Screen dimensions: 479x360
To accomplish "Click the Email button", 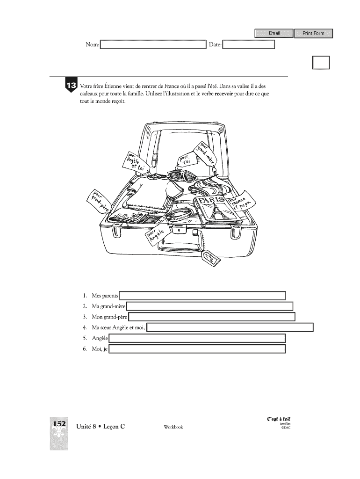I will [x=274, y=33].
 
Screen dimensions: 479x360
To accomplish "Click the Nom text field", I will [x=153, y=45].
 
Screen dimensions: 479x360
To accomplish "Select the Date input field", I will [x=248, y=45].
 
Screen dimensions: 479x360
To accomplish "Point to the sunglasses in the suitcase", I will [x=183, y=177].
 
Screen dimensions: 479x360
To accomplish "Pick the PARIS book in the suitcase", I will [x=217, y=208].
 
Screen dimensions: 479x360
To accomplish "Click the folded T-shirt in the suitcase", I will [x=145, y=193].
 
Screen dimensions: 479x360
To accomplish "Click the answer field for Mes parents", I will [x=202, y=296].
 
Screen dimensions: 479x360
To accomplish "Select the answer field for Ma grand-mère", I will [x=210, y=306].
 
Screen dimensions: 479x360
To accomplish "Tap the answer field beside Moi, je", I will [x=197, y=349].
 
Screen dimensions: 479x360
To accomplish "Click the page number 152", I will [x=59, y=423].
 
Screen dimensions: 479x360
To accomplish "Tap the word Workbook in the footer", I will [x=173, y=427].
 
